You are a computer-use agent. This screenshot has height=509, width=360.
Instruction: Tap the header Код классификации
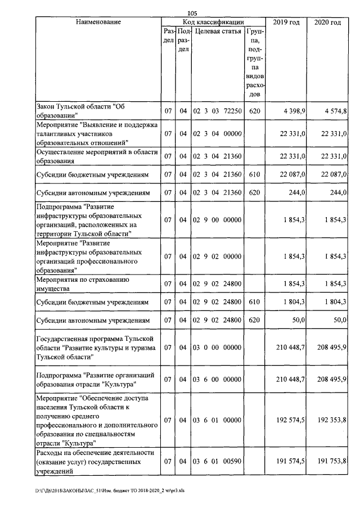point(213,22)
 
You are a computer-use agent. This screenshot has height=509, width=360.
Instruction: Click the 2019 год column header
point(286,22)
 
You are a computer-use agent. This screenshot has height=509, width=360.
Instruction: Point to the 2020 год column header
point(327,22)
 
